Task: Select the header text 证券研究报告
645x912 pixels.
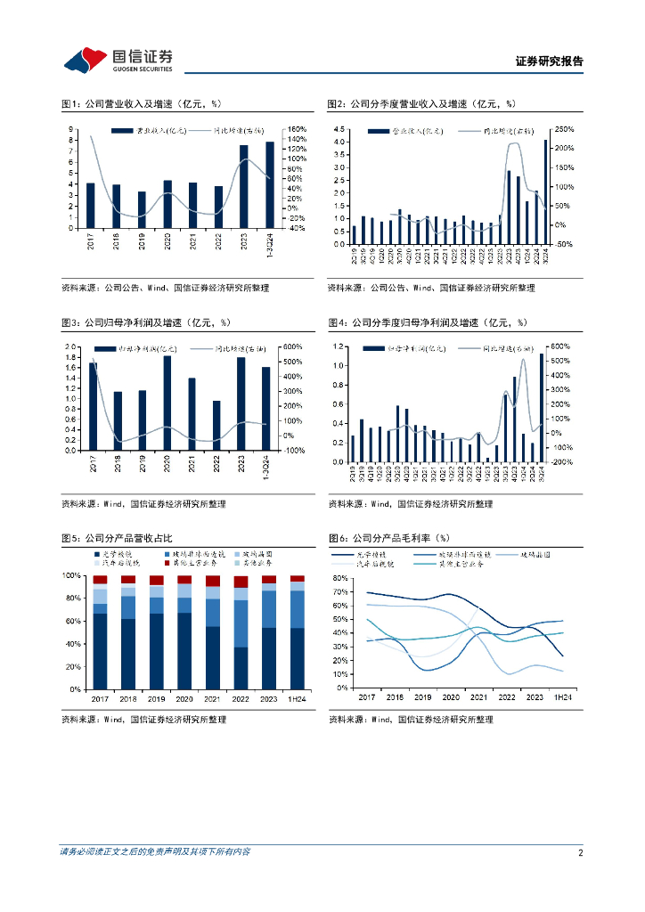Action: pos(550,61)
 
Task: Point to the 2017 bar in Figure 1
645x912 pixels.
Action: pos(91,205)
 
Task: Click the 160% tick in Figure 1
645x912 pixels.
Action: pos(297,129)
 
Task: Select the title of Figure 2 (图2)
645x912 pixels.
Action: pos(420,104)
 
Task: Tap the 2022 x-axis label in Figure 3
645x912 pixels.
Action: pos(216,466)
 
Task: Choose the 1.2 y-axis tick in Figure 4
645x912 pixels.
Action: pos(339,346)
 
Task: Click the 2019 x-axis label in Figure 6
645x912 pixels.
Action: pos(423,699)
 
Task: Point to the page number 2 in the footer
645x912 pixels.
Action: pos(580,852)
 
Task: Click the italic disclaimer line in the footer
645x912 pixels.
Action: pos(155,852)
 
